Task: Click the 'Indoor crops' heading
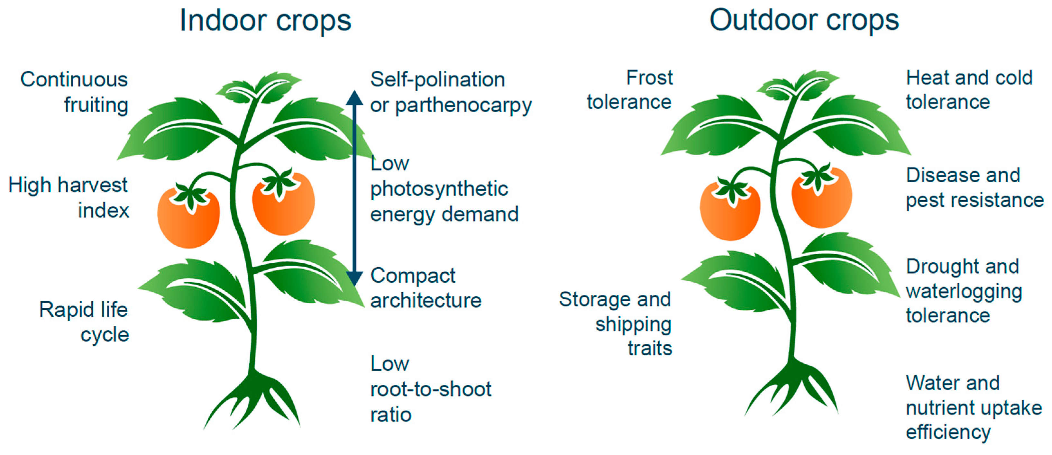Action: (x=265, y=21)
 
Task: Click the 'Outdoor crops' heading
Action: (x=804, y=21)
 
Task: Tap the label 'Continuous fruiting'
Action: (x=75, y=92)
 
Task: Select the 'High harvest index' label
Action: (x=69, y=198)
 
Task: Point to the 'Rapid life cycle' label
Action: (x=84, y=322)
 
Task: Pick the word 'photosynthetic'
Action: (x=439, y=189)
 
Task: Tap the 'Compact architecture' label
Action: (x=425, y=288)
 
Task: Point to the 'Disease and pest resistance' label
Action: (x=974, y=188)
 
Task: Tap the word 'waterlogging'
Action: (x=964, y=292)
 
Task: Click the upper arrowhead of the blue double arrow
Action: (x=354, y=98)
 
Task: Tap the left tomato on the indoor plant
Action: (x=189, y=221)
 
